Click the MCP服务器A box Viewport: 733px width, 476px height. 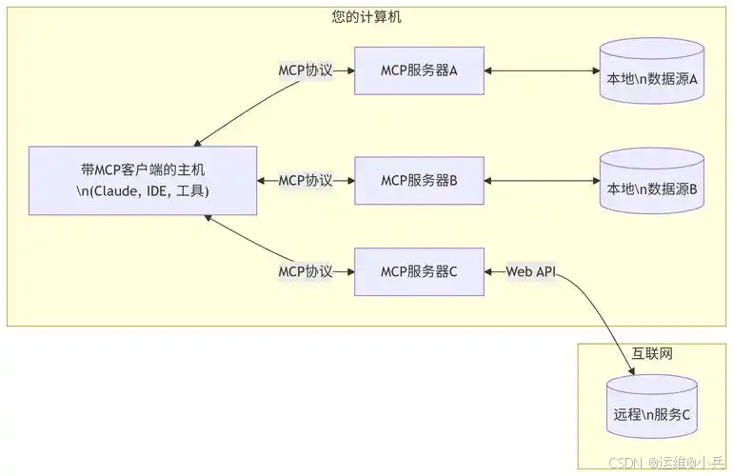(x=420, y=70)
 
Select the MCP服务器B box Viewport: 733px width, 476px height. (x=420, y=180)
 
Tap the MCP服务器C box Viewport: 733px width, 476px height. (x=420, y=271)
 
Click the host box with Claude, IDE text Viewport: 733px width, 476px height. (x=143, y=180)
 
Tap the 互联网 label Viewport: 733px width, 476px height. (x=653, y=353)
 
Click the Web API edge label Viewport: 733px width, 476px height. (x=530, y=272)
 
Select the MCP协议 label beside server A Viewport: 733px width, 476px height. (x=306, y=70)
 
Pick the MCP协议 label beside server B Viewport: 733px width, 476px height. (x=306, y=180)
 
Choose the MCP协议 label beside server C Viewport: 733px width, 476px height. (x=306, y=271)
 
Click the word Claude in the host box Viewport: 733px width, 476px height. (x=119, y=191)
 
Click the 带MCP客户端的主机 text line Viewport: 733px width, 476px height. (x=143, y=169)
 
